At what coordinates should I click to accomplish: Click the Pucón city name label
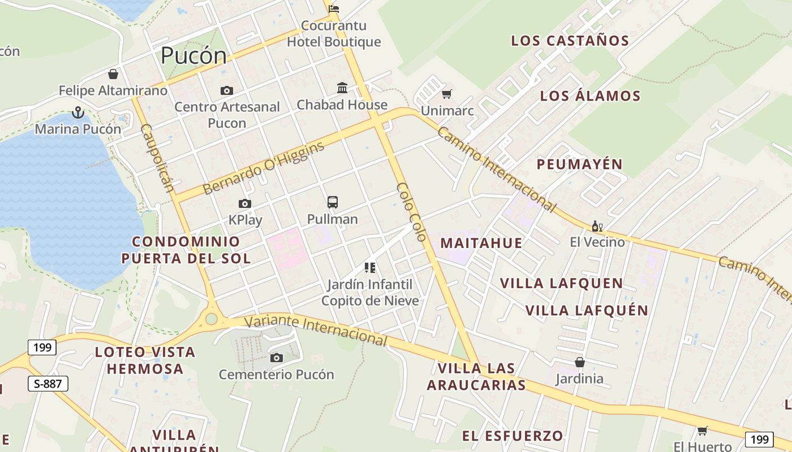click(x=193, y=55)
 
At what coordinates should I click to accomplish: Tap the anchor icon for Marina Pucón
click(x=78, y=112)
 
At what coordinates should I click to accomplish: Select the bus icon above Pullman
click(x=333, y=202)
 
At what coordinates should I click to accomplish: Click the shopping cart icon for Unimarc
click(x=447, y=94)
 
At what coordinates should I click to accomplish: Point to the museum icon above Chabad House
click(x=342, y=88)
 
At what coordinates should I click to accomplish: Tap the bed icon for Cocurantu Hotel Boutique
click(x=334, y=8)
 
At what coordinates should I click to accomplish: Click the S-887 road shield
click(x=48, y=384)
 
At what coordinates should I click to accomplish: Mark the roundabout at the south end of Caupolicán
click(x=211, y=319)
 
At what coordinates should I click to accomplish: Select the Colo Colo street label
click(x=411, y=212)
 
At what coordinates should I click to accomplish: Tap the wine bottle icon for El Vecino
click(x=597, y=227)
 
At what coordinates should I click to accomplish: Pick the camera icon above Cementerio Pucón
click(x=277, y=358)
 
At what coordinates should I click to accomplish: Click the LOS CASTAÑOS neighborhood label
click(x=570, y=41)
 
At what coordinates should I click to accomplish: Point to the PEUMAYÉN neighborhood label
click(x=579, y=164)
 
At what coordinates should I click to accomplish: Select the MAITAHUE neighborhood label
click(x=481, y=243)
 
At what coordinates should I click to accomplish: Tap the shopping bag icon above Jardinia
click(x=579, y=362)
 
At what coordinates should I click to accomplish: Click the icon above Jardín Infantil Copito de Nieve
click(x=370, y=268)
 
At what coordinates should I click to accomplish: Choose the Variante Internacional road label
click(x=316, y=330)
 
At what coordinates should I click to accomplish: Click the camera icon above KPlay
click(x=245, y=203)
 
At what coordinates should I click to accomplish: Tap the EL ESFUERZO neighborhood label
click(x=513, y=436)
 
